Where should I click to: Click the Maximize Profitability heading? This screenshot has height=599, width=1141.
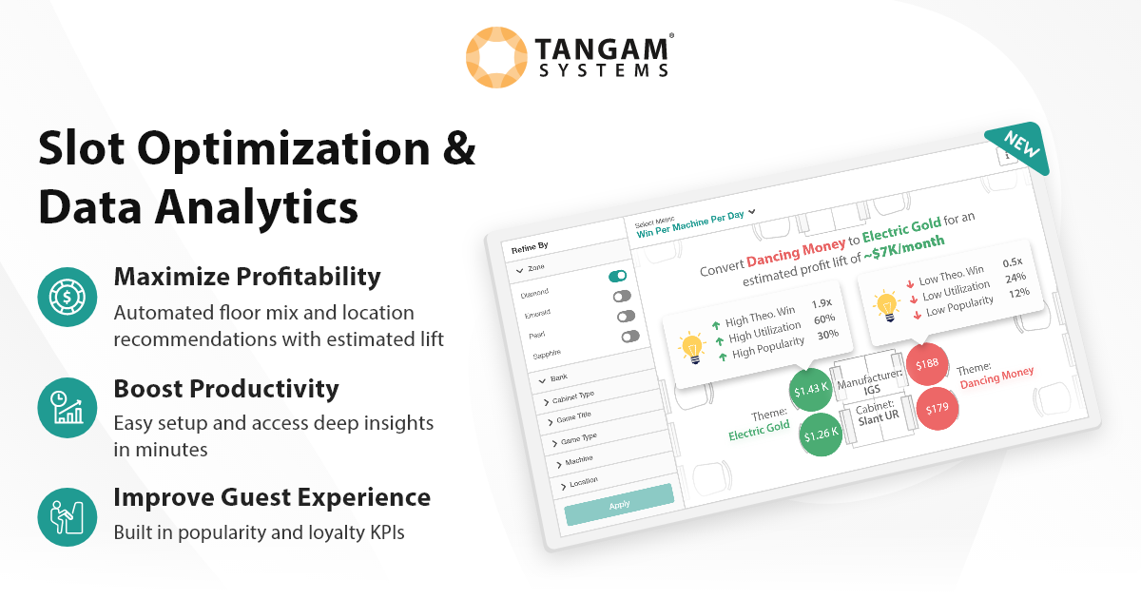[247, 277]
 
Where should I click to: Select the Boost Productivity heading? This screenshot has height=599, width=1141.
[226, 389]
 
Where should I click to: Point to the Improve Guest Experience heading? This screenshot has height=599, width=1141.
[272, 497]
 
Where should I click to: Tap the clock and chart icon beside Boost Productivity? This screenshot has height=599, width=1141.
[68, 407]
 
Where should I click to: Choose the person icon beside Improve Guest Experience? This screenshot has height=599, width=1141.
[68, 515]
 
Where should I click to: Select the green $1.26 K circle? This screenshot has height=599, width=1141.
[821, 435]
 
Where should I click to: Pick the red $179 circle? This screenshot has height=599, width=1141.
[937, 409]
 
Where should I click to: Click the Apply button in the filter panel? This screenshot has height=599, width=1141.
[619, 503]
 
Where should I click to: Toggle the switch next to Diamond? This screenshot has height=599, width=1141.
[618, 277]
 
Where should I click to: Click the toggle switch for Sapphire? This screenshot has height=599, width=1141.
[630, 336]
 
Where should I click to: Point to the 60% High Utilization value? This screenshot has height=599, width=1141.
[823, 319]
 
